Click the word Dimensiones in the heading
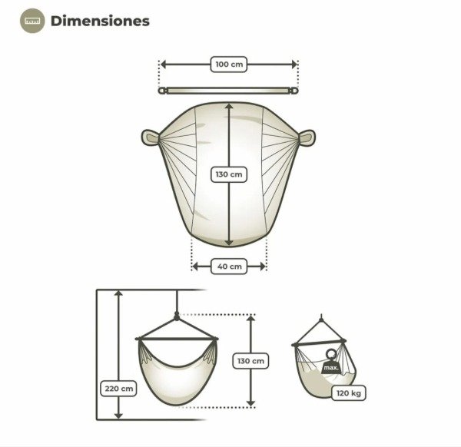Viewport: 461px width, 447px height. click(100, 22)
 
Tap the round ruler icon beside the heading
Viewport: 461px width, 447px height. click(32, 21)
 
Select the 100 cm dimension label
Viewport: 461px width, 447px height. click(229, 65)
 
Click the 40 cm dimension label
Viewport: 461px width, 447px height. click(229, 267)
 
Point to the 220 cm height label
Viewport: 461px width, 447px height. click(119, 389)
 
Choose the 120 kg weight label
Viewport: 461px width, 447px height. click(348, 393)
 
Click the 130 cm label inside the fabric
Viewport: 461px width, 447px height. click(229, 174)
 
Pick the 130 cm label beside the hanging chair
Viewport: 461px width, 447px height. click(250, 361)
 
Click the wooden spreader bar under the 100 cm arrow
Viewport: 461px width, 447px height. click(228, 91)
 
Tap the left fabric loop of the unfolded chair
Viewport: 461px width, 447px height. click(151, 137)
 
